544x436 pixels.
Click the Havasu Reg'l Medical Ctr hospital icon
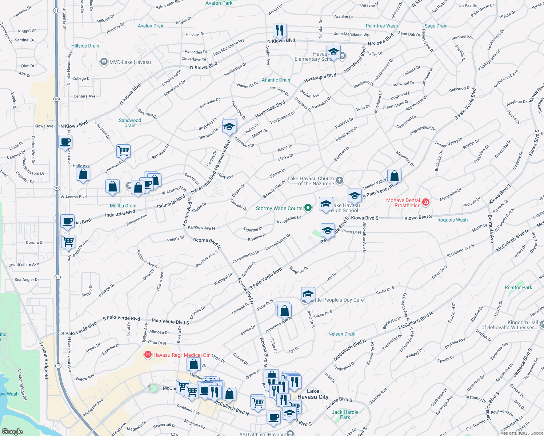point(148,355)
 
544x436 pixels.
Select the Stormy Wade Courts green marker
point(308,208)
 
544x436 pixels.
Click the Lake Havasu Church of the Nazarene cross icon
point(339,181)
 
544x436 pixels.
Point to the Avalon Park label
point(219,3)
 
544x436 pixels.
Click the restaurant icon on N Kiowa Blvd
point(279,31)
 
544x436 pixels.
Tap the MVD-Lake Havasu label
point(130,62)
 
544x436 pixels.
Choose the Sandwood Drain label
point(130,123)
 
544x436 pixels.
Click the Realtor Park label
point(518,287)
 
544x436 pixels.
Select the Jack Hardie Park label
point(345,415)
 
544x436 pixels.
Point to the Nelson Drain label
point(342,334)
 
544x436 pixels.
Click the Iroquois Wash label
point(452,220)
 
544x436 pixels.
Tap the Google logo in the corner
point(12,431)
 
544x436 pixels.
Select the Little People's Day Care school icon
point(308,294)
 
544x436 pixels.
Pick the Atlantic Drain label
point(276,80)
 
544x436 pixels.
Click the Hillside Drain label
point(85,46)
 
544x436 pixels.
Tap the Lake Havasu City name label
point(313,394)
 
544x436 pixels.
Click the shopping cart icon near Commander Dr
point(123,150)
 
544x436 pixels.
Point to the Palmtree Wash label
point(381,26)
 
